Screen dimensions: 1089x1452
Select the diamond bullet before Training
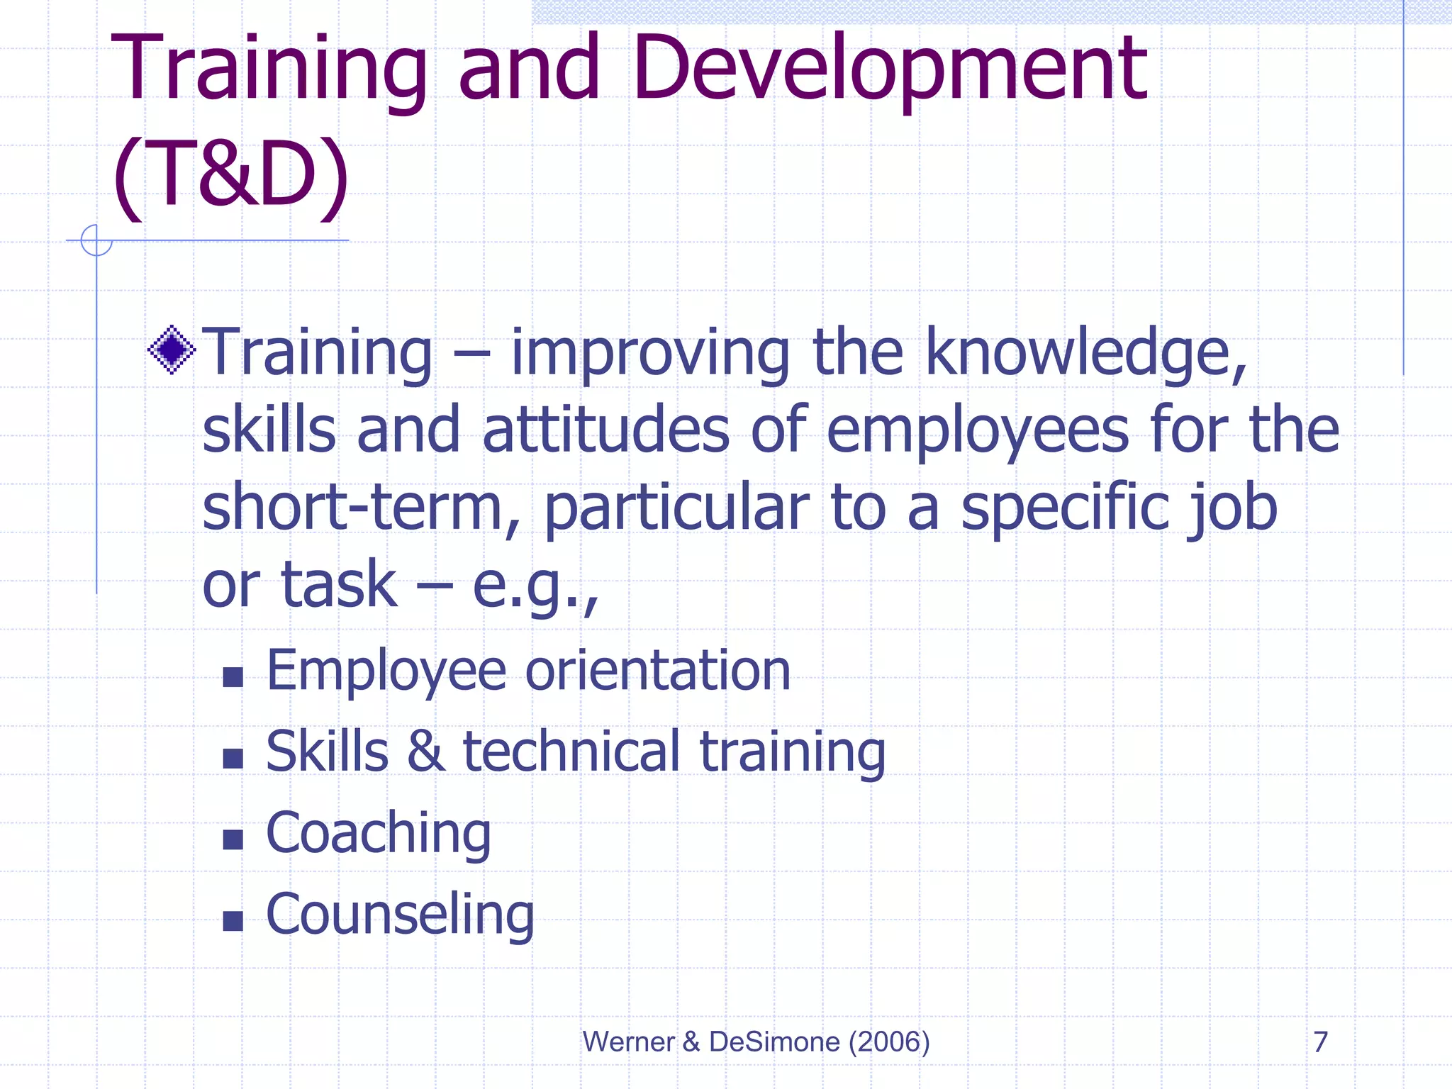[172, 350]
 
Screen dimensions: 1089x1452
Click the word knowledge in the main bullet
[1085, 353]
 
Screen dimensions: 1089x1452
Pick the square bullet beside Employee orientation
[233, 677]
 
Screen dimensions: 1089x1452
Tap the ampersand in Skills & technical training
[425, 752]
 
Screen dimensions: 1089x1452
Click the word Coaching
[378, 834]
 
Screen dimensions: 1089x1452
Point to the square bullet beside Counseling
[233, 921]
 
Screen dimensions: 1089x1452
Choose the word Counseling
[400, 915]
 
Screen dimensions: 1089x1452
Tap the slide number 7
[1320, 1041]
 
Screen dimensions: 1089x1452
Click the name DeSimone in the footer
[774, 1041]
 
